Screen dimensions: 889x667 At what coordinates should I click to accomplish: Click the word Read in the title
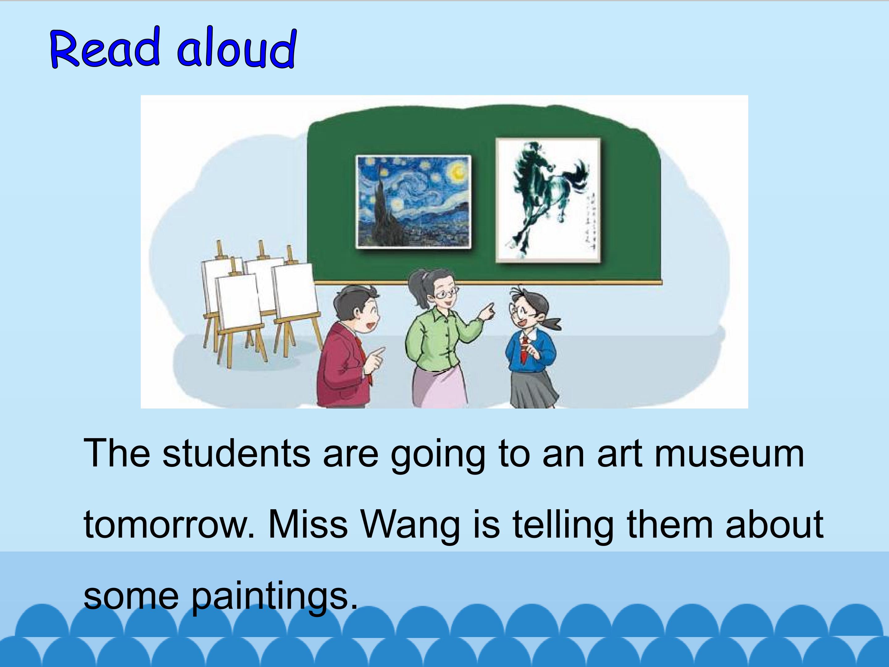[105, 48]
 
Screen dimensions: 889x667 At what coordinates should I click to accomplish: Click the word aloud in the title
[237, 48]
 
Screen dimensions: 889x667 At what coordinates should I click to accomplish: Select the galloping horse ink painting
[548, 200]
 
